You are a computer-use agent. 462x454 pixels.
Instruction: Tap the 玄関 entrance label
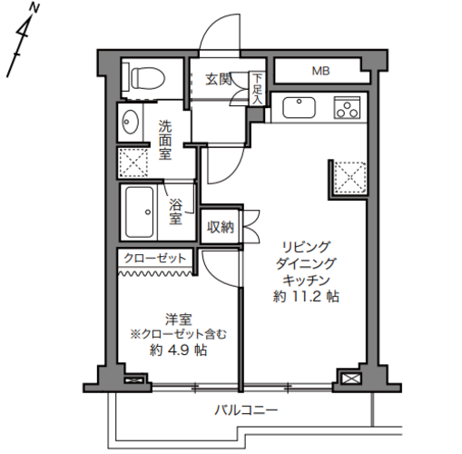(x=219, y=80)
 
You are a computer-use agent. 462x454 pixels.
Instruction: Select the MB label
(x=321, y=71)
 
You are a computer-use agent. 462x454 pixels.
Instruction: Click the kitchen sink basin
(x=299, y=108)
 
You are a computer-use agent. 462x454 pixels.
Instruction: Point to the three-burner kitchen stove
(x=348, y=108)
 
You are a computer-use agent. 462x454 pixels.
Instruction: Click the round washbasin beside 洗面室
(x=131, y=122)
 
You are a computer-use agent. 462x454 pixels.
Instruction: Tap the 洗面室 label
(x=165, y=140)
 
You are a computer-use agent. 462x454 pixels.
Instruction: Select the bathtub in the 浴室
(x=140, y=212)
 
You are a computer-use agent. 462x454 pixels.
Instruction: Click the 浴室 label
(x=176, y=212)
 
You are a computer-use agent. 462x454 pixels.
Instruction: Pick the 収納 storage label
(x=221, y=227)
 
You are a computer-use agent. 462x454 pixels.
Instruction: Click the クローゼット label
(x=154, y=258)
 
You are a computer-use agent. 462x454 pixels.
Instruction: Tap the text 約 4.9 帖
(x=179, y=350)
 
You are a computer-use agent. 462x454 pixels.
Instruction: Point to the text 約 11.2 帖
(x=306, y=297)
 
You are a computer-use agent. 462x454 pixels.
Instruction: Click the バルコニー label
(x=246, y=410)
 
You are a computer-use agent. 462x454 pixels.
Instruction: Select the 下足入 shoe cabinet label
(x=257, y=89)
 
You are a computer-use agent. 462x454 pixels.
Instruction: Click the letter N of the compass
(x=35, y=9)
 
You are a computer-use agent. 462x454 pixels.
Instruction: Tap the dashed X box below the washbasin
(x=133, y=163)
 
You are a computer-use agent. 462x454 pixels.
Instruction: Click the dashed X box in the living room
(x=350, y=177)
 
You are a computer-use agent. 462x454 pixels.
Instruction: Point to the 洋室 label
(x=179, y=320)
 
